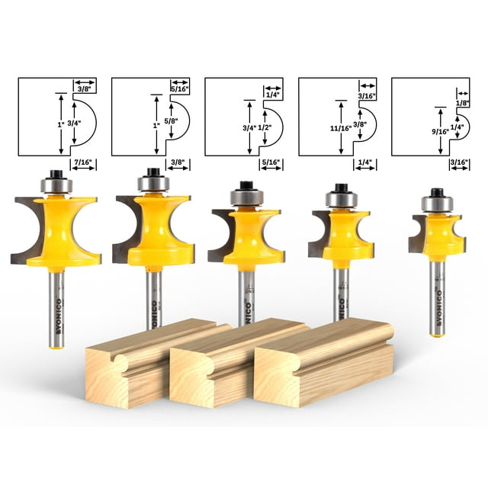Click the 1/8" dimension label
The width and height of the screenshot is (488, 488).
tap(461, 102)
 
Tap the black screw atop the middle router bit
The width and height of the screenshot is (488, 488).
tap(246, 185)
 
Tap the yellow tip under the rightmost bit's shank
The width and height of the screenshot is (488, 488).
tap(436, 332)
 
